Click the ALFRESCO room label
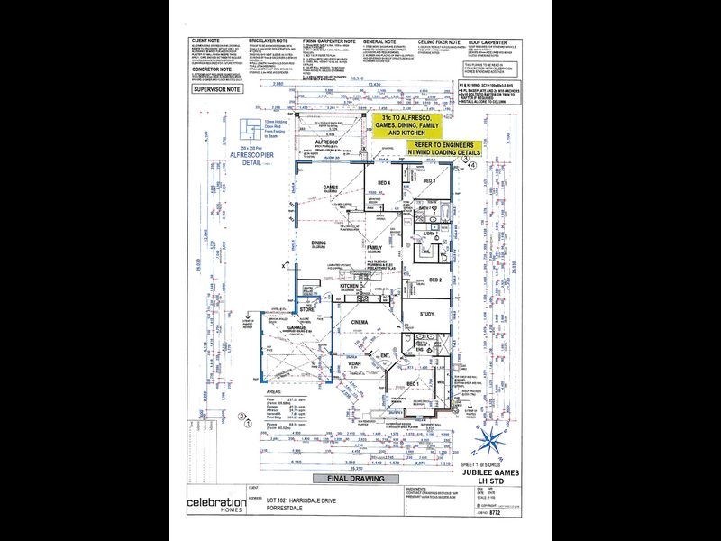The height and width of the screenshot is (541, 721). tap(327, 142)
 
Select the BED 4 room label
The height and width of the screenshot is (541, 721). tap(384, 183)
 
